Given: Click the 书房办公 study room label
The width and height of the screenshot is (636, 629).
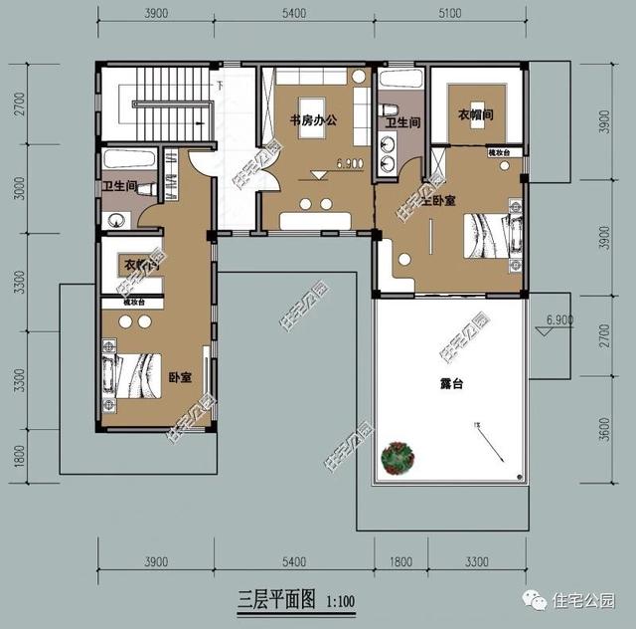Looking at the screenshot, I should pos(314,120).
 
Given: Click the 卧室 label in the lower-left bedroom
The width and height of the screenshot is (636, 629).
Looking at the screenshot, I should pos(180,378).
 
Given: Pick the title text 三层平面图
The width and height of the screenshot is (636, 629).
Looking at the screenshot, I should pos(275,600).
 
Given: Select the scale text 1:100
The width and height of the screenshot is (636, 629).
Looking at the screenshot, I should pos(339,601).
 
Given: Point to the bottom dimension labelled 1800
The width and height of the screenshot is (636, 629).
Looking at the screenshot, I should pos(399,563).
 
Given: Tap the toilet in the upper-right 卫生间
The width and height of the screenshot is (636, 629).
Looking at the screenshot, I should pos(393,106).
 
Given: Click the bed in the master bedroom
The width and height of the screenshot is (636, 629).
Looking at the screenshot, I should pos(494,236).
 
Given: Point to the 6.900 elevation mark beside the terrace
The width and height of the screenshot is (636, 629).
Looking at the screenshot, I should pos(559,320).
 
